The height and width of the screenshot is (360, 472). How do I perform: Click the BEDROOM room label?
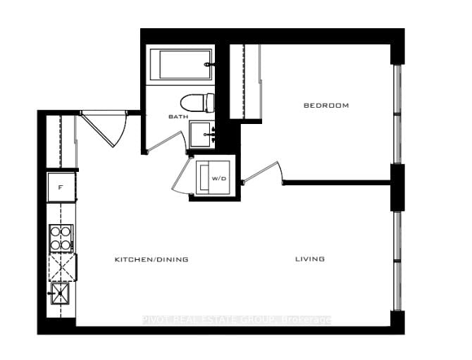tap(326, 106)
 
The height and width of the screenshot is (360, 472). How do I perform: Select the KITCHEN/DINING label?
tap(151, 259)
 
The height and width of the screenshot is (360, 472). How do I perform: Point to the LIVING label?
tap(310, 259)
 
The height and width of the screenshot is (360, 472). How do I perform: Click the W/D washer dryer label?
tap(219, 179)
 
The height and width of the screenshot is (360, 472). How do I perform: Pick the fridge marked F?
tap(61, 188)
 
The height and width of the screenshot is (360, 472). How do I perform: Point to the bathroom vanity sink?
tap(201, 134)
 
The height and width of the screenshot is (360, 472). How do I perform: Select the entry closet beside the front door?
tap(61, 141)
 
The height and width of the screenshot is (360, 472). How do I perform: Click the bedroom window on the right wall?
tap(397, 113)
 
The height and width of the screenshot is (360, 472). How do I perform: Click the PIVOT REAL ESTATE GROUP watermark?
tap(236, 321)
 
